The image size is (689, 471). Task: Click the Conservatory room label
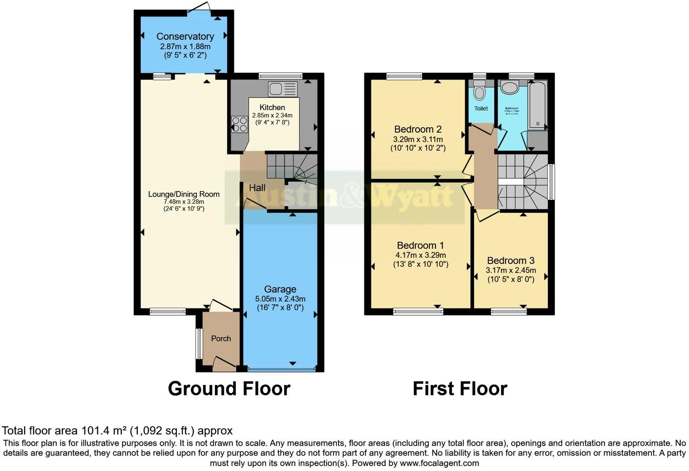click(x=185, y=36)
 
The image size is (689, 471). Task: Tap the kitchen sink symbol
click(x=282, y=89)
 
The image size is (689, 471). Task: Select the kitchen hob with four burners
click(x=239, y=124)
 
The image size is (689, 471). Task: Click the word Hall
click(x=257, y=187)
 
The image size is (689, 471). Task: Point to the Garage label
click(x=280, y=289)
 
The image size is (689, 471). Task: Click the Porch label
click(x=221, y=338)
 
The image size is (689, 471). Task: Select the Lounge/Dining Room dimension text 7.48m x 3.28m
click(x=184, y=202)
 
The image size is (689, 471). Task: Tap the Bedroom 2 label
click(x=417, y=129)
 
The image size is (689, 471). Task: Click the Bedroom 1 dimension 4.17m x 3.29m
click(x=420, y=255)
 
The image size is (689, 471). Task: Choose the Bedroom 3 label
click(x=510, y=260)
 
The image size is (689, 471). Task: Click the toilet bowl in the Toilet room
click(x=479, y=92)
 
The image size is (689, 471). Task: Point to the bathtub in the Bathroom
click(x=538, y=104)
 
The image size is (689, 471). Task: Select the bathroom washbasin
click(x=510, y=88)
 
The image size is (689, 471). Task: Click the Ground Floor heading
click(x=229, y=389)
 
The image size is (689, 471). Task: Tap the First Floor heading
click(x=460, y=389)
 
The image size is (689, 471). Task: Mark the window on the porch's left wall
click(x=198, y=343)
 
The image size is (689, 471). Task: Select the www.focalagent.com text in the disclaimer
click(x=439, y=463)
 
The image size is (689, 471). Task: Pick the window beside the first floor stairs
click(x=551, y=182)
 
